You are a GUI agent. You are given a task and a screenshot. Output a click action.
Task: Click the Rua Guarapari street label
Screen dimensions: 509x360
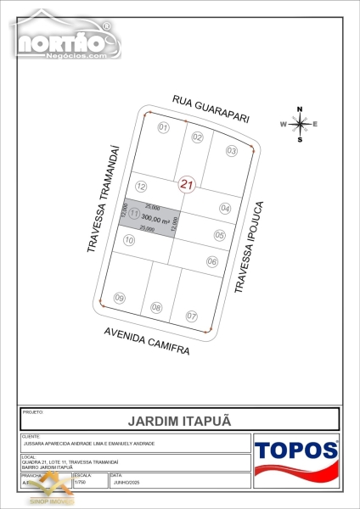coord(211,109)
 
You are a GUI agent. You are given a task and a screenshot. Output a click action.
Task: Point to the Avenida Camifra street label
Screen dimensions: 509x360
coord(147,340)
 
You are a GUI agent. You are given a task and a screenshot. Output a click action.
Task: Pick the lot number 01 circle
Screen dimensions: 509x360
coord(164,127)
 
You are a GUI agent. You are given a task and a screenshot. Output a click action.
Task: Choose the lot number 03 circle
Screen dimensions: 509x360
coord(231,150)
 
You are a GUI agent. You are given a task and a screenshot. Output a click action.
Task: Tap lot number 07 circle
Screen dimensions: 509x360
coord(192,316)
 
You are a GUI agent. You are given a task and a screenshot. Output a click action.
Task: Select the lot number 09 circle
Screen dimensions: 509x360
coord(120,298)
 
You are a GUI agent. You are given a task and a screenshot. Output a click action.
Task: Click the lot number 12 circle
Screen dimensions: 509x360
coord(142,186)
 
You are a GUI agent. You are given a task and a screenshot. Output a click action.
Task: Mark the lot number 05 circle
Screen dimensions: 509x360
coord(219,235)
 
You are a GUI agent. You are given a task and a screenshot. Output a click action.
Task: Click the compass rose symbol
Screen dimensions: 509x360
coord(299,124)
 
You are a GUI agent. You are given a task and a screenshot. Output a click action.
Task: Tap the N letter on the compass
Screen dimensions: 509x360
coord(300,109)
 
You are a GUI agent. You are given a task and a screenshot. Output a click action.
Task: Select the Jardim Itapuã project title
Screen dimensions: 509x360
coord(179,419)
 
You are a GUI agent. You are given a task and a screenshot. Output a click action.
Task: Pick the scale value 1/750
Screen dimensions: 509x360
coord(82,482)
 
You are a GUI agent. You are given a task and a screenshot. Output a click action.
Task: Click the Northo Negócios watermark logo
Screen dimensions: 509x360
coord(64,39)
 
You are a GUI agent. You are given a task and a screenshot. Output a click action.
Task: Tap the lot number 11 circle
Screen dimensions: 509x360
coord(133,215)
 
